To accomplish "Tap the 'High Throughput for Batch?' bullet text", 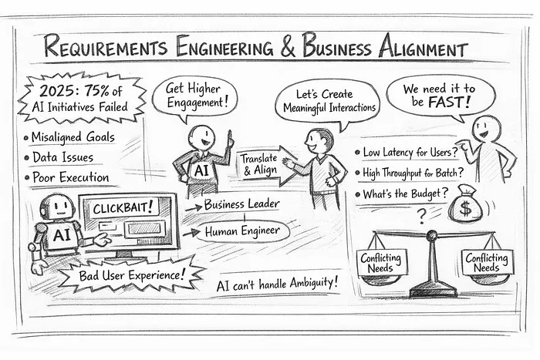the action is click(x=413, y=173).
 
